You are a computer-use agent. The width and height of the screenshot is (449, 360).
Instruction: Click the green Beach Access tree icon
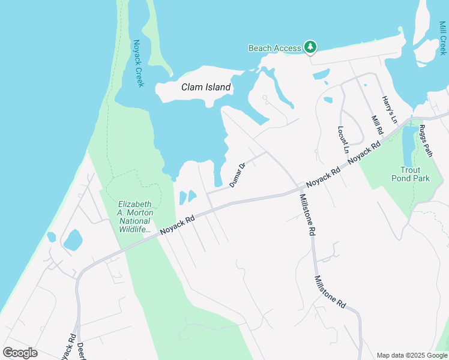[x=310, y=47]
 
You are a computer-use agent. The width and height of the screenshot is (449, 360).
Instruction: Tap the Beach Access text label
[x=275, y=49]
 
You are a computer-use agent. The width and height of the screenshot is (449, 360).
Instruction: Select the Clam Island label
[x=206, y=87]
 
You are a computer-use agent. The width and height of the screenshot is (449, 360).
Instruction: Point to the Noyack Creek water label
[x=138, y=63]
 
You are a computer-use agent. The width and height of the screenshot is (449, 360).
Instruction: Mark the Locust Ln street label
[x=343, y=140]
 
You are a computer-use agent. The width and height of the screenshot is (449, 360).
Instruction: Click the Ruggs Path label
[x=426, y=141]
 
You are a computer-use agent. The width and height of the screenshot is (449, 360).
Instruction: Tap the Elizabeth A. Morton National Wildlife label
[x=135, y=217]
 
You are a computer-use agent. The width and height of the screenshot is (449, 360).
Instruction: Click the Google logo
[x=20, y=352]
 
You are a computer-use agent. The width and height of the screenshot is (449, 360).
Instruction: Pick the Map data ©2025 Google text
[x=411, y=355]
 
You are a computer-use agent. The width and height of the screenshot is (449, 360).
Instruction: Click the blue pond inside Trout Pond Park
[x=408, y=146]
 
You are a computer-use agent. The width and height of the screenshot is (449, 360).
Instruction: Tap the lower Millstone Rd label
[x=330, y=292]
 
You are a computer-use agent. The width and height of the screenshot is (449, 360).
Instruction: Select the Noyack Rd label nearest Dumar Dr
[x=178, y=225]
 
